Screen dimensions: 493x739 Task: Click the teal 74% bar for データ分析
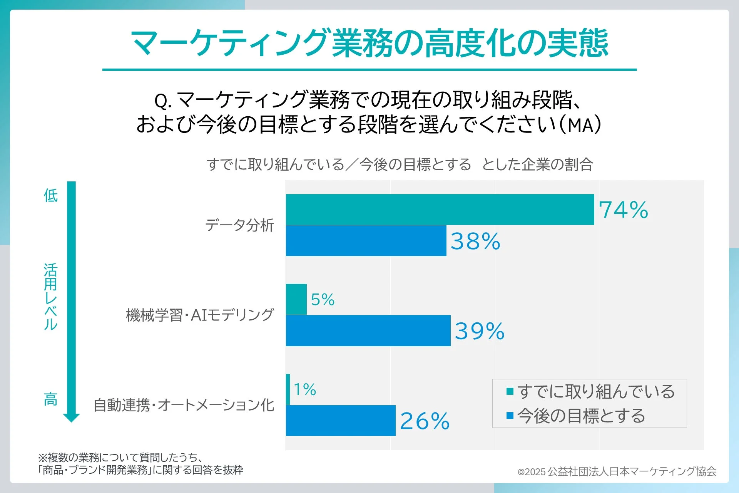pos(440,210)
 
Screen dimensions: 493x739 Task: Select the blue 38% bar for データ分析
pos(366,241)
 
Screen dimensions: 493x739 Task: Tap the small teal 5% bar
pos(296,299)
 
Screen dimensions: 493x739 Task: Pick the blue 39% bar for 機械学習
pos(368,330)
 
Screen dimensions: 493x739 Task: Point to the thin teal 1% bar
pos(288,389)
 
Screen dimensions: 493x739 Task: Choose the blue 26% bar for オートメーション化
pos(340,421)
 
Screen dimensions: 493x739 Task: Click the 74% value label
pos(623,210)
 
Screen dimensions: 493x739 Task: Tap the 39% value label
pos(479,331)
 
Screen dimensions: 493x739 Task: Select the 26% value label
pos(425,421)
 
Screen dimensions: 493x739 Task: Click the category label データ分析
pos(239,225)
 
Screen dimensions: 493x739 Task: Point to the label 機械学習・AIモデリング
pos(200,315)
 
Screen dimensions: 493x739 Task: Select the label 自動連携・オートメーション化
pos(184,405)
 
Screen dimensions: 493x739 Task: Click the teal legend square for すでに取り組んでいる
pos(510,392)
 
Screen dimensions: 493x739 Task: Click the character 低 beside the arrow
pos(50,196)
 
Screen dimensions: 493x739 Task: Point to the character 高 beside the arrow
pos(50,399)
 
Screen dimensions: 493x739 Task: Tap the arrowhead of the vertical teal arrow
pos(72,418)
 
